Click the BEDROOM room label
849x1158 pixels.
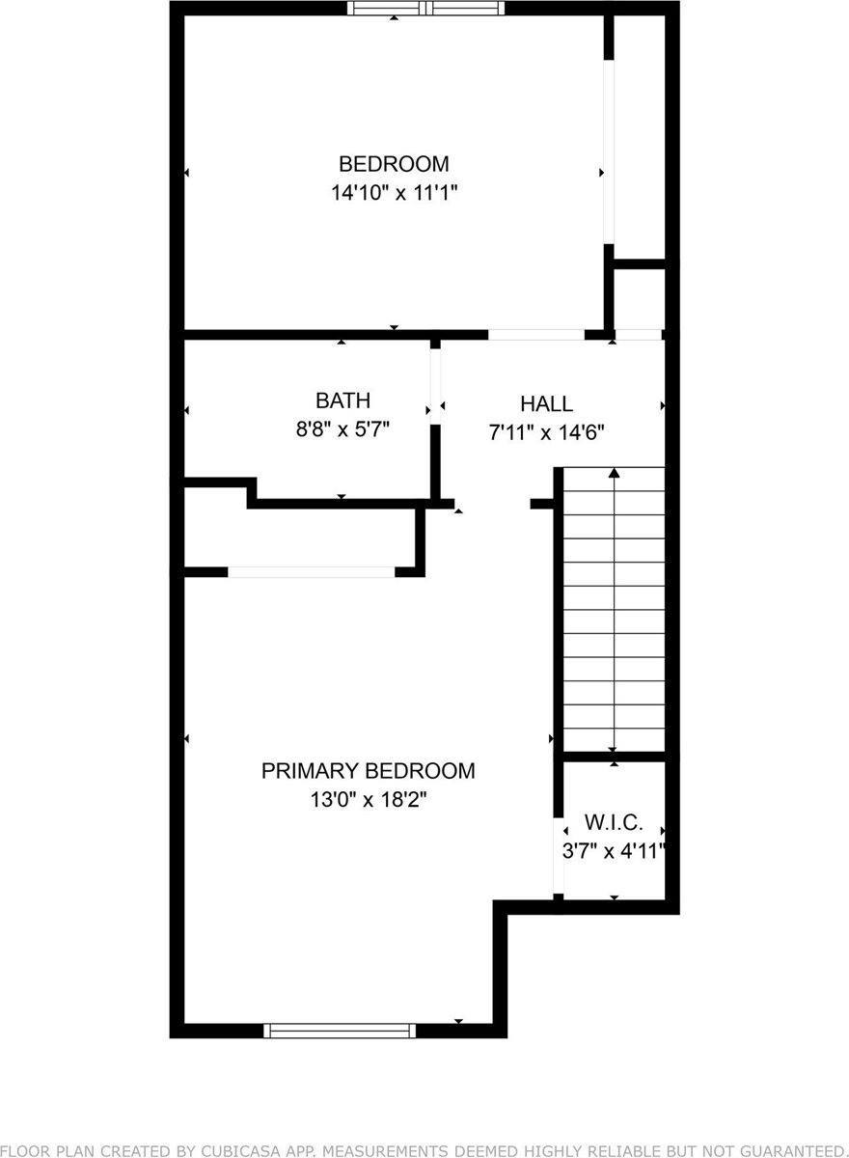tap(393, 163)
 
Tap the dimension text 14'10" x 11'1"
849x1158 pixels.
tap(393, 192)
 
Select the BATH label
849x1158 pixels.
tap(342, 400)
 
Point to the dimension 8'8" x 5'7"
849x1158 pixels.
tap(342, 428)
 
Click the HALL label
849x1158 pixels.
tap(546, 403)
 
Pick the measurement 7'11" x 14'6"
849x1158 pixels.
tap(546, 432)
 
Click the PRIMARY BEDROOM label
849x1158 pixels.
tap(368, 770)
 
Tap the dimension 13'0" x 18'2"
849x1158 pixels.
tap(368, 799)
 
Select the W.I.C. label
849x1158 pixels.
tap(611, 823)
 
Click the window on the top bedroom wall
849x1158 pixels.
tap(426, 9)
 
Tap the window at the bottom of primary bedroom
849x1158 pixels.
tap(340, 1031)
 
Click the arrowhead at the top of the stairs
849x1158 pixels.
tap(614, 473)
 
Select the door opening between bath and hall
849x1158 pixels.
tap(435, 387)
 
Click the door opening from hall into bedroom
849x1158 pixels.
tap(535, 335)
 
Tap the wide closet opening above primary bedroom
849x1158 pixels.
tap(311, 571)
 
